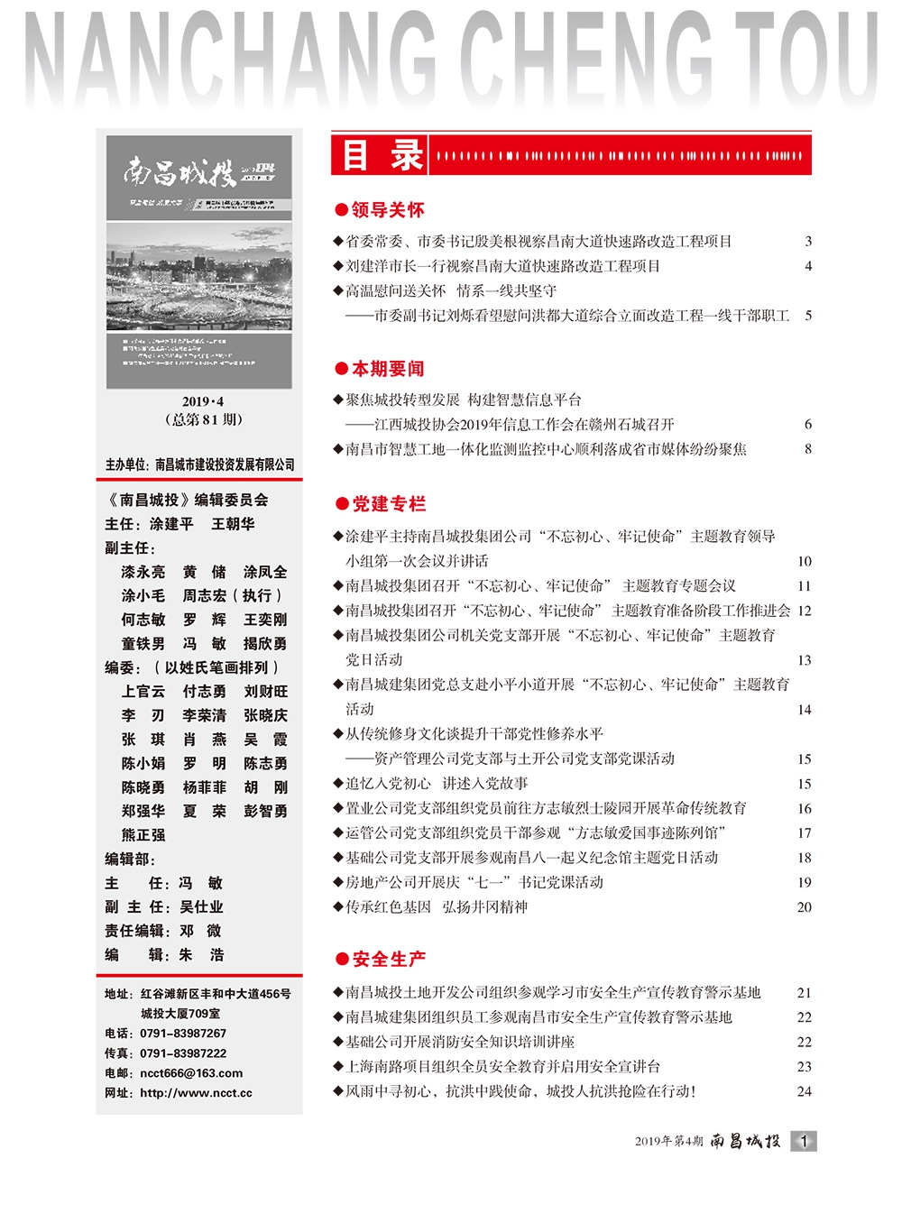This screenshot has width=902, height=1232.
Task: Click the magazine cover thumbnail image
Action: pos(199,262)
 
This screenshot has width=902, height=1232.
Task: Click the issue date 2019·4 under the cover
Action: pos(203,401)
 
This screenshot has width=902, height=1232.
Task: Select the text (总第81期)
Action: pos(203,419)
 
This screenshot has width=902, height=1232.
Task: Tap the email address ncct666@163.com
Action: pos(191,1073)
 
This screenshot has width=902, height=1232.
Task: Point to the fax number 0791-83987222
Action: pos(183,1053)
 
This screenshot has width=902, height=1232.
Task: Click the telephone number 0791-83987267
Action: pos(183,1034)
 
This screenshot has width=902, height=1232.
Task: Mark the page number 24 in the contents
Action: pos(804,1091)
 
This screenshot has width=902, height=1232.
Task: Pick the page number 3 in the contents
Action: pos(808,242)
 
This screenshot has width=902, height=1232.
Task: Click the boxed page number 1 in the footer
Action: pos(804,1141)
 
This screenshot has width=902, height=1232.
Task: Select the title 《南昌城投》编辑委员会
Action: pos(187,500)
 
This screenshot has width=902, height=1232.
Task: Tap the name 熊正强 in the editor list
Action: pos(143,835)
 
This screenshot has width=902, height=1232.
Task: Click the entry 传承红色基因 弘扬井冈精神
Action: pos(437,907)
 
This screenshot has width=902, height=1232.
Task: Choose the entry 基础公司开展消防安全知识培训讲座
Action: pos(460,1042)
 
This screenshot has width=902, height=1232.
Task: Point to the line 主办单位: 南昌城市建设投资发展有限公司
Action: pos(199,464)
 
